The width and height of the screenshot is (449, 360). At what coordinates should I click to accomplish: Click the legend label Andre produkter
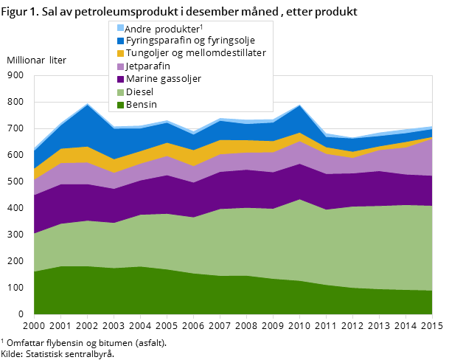[163, 27]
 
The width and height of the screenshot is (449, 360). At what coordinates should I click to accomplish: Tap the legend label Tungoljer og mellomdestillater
[195, 53]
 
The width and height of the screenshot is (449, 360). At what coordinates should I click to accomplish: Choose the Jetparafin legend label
[148, 66]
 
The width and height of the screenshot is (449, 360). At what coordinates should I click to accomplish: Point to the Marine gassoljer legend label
[163, 78]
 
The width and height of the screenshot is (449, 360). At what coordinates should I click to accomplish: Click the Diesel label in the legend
[139, 91]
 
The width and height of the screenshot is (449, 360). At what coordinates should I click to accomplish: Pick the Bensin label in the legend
[141, 105]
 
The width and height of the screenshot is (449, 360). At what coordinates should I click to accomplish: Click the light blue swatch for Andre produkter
[120, 27]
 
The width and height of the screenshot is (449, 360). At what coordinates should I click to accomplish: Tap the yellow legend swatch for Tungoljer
[120, 53]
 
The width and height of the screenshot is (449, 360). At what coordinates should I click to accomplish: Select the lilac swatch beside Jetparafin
[120, 66]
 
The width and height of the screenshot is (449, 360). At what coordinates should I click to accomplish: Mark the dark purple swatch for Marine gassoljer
[120, 79]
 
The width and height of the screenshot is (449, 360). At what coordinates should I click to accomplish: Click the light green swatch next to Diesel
[120, 91]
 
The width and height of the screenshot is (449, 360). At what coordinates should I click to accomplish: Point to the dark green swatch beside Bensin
[120, 105]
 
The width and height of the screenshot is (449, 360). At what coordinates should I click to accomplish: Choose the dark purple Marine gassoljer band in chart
[221, 189]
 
